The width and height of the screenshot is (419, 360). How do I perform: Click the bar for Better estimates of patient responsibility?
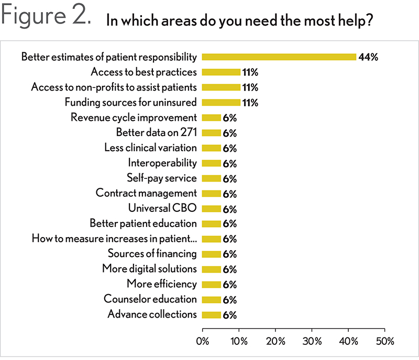pyautogui.click(x=279, y=57)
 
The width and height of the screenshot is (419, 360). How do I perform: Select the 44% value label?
pyautogui.click(x=368, y=57)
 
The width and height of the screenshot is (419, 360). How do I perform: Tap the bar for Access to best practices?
pyautogui.click(x=221, y=72)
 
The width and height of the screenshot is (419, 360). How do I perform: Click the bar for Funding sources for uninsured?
pyautogui.click(x=221, y=103)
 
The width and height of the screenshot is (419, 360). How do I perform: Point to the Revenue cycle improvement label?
pyautogui.click(x=134, y=118)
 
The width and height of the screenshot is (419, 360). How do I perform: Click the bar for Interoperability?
pyautogui.click(x=212, y=163)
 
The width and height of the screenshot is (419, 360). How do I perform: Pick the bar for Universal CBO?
pyautogui.click(x=212, y=209)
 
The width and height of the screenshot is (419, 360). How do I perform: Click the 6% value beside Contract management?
pyautogui.click(x=230, y=194)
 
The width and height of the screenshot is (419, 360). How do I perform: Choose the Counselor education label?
pyautogui.click(x=150, y=299)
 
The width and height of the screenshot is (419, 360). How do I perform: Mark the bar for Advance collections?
pyautogui.click(x=212, y=314)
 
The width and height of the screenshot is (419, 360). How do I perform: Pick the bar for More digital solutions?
pyautogui.click(x=212, y=269)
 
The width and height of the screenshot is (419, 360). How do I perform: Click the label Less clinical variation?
pyautogui.click(x=150, y=148)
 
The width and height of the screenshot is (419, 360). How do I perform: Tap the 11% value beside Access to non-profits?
pyautogui.click(x=249, y=87)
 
